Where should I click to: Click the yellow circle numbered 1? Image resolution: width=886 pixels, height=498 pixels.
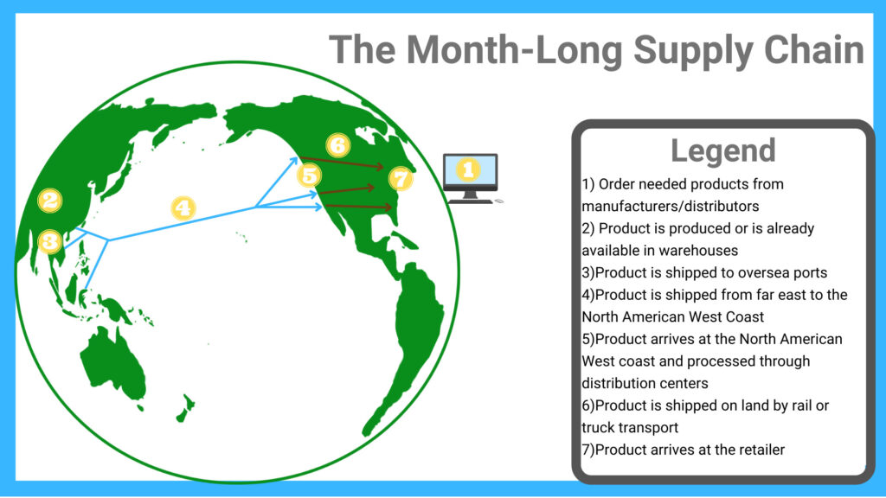[x=468, y=169]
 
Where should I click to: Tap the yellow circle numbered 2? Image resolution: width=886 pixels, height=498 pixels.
[x=49, y=200]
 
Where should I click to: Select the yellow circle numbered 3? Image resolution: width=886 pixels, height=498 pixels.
[x=49, y=242]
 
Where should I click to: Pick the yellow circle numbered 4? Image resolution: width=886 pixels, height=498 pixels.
[x=183, y=207]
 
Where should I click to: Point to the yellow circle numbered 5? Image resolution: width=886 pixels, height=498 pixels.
[x=310, y=175]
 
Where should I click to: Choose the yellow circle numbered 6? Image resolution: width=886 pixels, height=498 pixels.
[x=338, y=145]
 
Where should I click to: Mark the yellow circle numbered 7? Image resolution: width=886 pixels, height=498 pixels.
[x=401, y=179]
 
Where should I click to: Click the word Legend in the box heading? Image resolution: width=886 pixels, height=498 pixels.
[x=723, y=150]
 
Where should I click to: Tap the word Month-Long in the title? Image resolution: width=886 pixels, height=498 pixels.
[x=514, y=49]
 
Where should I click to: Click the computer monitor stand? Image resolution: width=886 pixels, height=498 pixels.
[x=470, y=198]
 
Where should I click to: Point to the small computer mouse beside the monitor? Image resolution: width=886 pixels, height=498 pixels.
[x=498, y=201]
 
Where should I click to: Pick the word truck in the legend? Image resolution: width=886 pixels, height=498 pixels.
[x=600, y=427]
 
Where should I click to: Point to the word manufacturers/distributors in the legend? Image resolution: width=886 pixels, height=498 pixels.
[x=671, y=206]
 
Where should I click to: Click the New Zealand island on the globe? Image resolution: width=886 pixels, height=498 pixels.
[x=186, y=408]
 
